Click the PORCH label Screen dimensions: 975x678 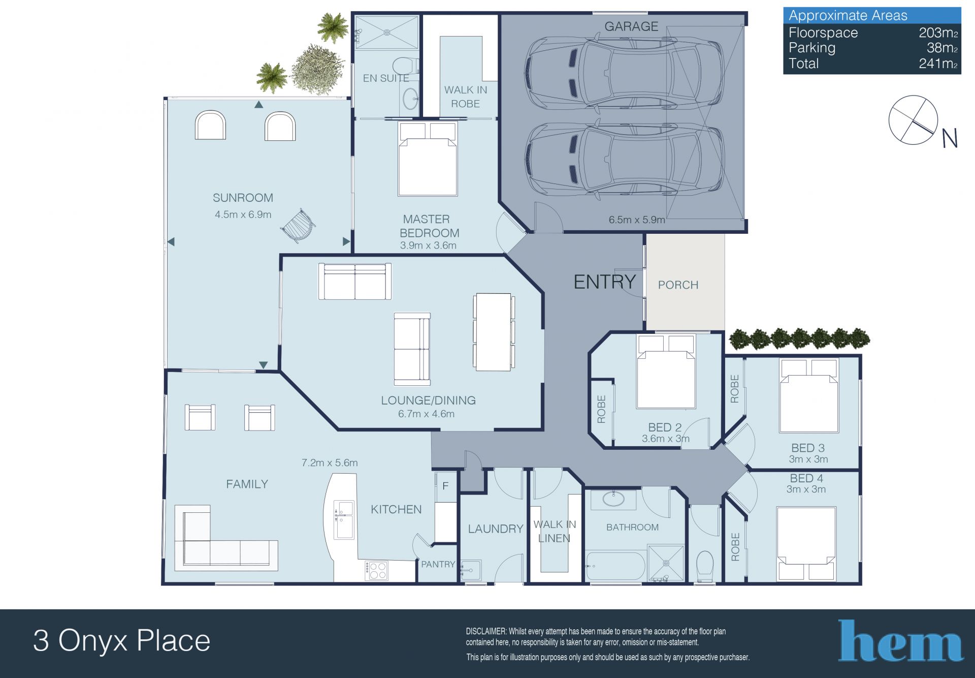(x=678, y=285)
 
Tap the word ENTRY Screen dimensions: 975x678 (x=604, y=282)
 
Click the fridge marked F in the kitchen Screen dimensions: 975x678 (x=445, y=486)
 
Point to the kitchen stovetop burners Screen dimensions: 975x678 (x=376, y=570)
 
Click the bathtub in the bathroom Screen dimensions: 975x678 (x=615, y=566)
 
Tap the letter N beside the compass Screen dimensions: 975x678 (x=949, y=138)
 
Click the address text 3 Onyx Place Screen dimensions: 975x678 (x=122, y=641)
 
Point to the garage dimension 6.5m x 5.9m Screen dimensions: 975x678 (x=637, y=220)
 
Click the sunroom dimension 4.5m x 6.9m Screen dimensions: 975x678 (x=243, y=214)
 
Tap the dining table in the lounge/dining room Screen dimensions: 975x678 (x=492, y=332)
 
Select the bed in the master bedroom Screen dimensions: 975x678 (x=428, y=159)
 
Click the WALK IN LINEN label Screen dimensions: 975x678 (x=555, y=531)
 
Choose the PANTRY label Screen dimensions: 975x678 (x=438, y=564)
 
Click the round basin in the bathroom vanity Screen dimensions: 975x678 (x=614, y=499)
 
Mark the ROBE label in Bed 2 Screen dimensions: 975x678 (x=602, y=409)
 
